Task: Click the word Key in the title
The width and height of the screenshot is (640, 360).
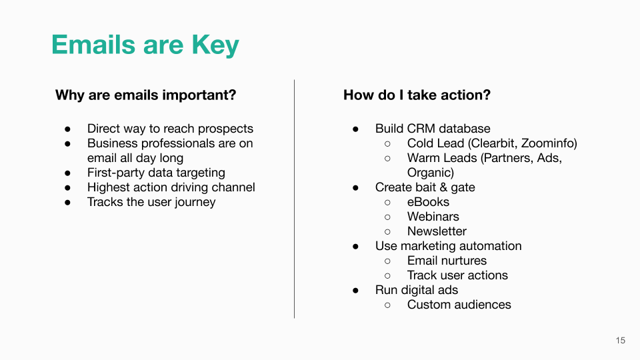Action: [x=215, y=45]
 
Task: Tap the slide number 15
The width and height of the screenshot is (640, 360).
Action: [x=621, y=341]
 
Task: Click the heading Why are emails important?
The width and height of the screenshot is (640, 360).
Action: [x=146, y=95]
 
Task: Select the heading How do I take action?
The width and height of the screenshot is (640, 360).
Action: [x=417, y=95]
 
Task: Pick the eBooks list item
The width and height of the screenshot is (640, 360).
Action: [x=428, y=202]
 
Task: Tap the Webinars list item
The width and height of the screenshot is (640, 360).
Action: [x=433, y=217]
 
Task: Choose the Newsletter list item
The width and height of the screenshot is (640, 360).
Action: [x=437, y=231]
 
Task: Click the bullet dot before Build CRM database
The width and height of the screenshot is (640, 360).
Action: [x=355, y=129]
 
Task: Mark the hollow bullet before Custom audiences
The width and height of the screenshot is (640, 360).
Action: [x=387, y=305]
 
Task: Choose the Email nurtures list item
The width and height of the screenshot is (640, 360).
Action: [x=447, y=261]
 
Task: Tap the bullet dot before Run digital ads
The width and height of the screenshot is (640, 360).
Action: [x=355, y=291]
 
